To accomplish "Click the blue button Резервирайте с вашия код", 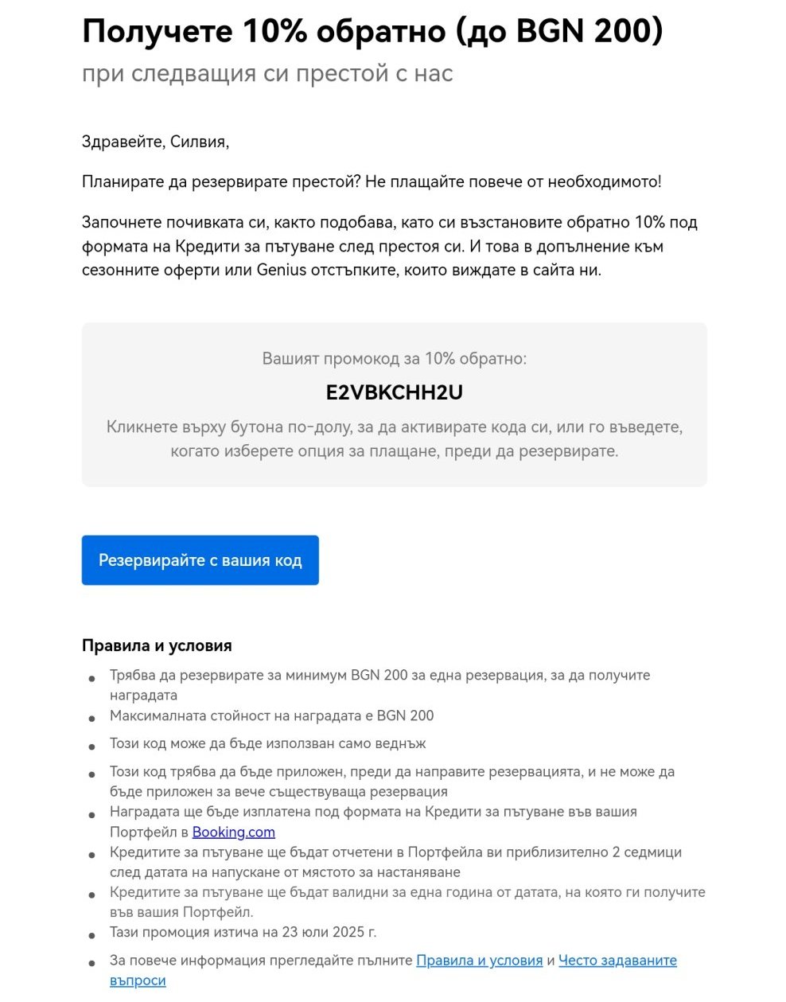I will [x=200, y=560].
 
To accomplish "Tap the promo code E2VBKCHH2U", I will [x=394, y=392].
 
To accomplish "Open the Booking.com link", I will [x=233, y=832].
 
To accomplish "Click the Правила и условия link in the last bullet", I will [x=479, y=961].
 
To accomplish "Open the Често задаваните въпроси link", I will [x=617, y=961].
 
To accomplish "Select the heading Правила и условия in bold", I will [x=157, y=645].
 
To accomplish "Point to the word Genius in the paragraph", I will [x=281, y=270].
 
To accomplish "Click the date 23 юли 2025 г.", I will [x=328, y=932].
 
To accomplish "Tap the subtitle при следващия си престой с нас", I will [x=267, y=74].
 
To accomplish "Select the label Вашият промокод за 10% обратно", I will [x=394, y=359].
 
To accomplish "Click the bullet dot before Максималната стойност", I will [x=93, y=718].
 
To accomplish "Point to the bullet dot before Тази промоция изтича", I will [x=93, y=934].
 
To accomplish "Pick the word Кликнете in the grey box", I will [x=141, y=427].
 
